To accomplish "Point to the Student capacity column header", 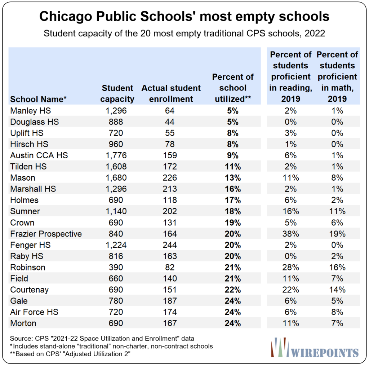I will [x=117, y=93].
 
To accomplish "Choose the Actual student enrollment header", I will [x=171, y=93].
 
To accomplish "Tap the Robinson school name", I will [x=28, y=267].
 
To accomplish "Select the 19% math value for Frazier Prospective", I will [x=337, y=234].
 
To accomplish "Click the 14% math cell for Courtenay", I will [x=337, y=290].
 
